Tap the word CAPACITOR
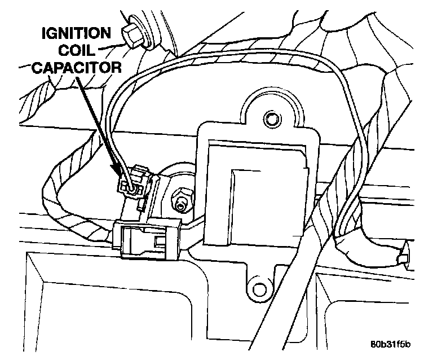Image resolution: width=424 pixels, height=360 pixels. pyautogui.click(x=77, y=67)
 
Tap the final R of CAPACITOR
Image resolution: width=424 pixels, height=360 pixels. pyautogui.click(x=117, y=67)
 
